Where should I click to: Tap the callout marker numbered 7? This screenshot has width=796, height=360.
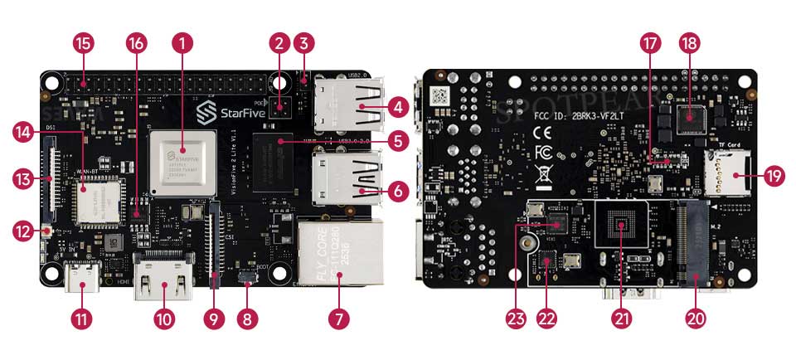pos(338,318)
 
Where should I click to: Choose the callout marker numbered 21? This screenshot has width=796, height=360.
pos(621,318)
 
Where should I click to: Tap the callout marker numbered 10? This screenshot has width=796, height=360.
pos(163,318)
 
